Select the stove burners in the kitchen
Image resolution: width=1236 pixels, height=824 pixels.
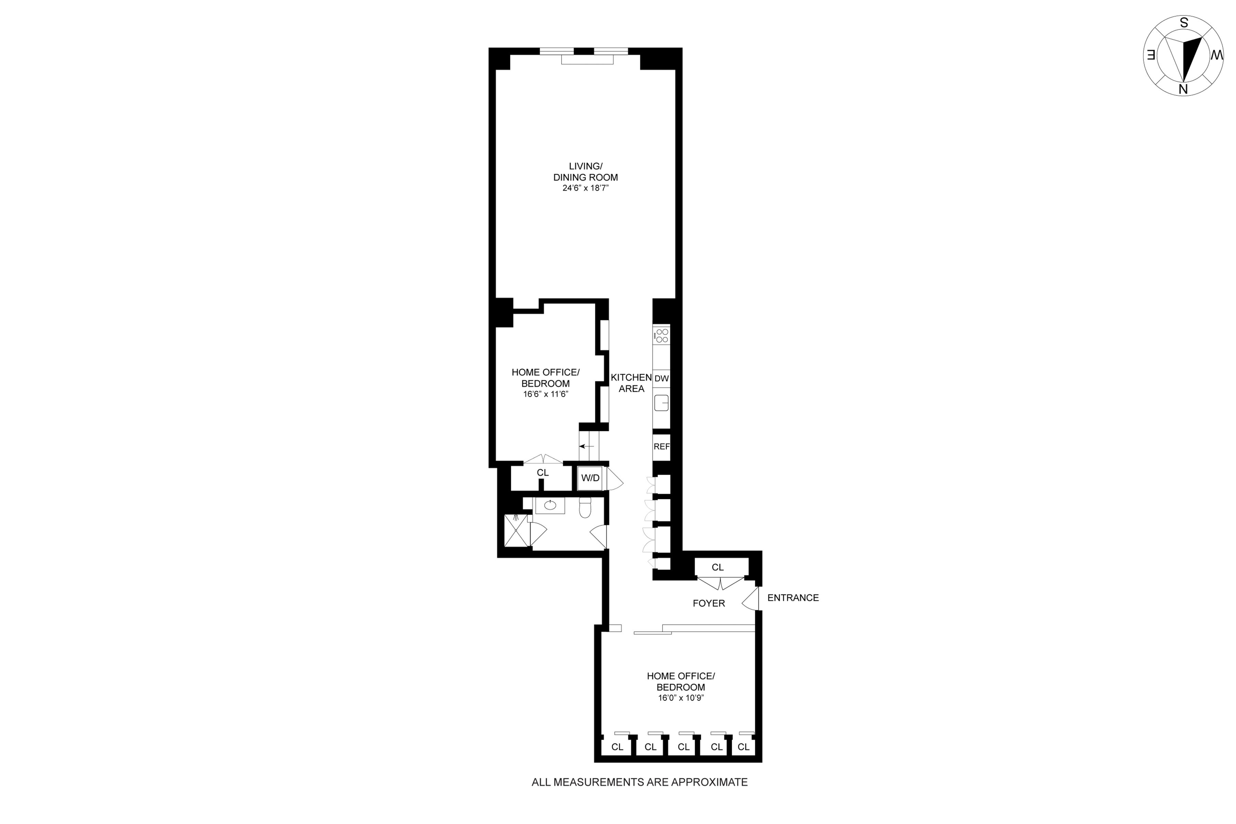tap(662, 336)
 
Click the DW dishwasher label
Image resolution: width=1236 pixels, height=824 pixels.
tap(662, 378)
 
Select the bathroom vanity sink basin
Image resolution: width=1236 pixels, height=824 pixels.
tap(550, 505)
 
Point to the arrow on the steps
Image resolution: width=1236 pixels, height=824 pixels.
tap(586, 446)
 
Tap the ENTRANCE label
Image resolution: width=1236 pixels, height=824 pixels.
tap(793, 597)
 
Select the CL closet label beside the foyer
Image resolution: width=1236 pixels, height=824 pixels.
tap(718, 568)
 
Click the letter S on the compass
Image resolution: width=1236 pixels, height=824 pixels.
tap(1184, 23)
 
